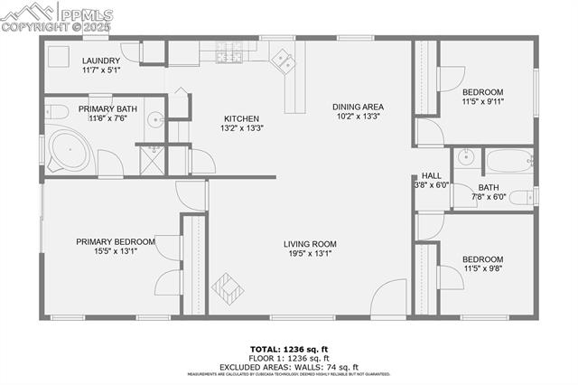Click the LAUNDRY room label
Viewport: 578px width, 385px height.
pyautogui.click(x=100, y=61)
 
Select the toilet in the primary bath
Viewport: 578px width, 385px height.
pyautogui.click(x=57, y=112)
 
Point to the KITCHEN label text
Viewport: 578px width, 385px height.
pyautogui.click(x=241, y=118)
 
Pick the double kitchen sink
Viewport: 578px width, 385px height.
pyautogui.click(x=285, y=61)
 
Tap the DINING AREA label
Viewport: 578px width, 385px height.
pyautogui.click(x=357, y=106)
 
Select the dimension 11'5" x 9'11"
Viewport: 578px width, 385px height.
pyautogui.click(x=482, y=102)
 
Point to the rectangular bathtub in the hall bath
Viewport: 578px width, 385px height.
pyautogui.click(x=508, y=163)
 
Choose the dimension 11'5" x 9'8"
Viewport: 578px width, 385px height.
pyautogui.click(x=482, y=268)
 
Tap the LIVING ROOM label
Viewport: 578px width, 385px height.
pyautogui.click(x=310, y=243)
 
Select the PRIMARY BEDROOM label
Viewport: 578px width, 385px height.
pyautogui.click(x=116, y=241)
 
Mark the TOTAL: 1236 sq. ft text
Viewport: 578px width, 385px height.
pyautogui.click(x=289, y=348)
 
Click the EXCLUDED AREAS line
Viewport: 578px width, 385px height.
pyautogui.click(x=289, y=366)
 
